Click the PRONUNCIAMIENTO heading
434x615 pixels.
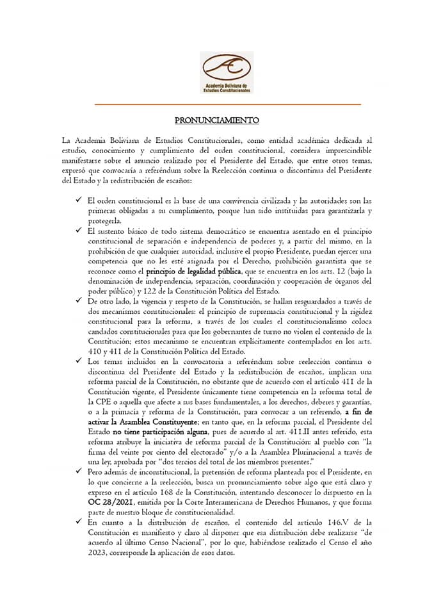pyautogui.click(x=217, y=120)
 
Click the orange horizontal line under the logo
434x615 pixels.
pyautogui.click(x=228, y=104)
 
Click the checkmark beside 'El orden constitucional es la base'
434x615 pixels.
pyautogui.click(x=77, y=200)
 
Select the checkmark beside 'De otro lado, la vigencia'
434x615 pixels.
pyautogui.click(x=77, y=300)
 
